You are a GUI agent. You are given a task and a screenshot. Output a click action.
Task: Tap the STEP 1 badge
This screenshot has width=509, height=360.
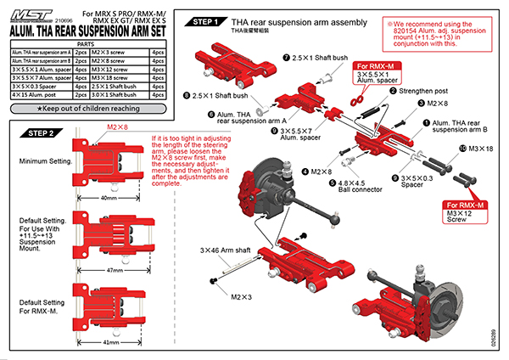(x=208, y=21)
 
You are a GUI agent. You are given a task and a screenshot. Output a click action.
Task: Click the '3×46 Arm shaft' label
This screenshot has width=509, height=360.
(x=224, y=251)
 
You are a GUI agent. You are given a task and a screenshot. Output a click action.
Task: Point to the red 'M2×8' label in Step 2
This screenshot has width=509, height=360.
(x=118, y=127)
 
